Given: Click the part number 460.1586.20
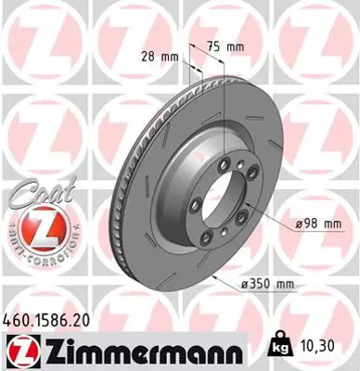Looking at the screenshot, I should [51, 318].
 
